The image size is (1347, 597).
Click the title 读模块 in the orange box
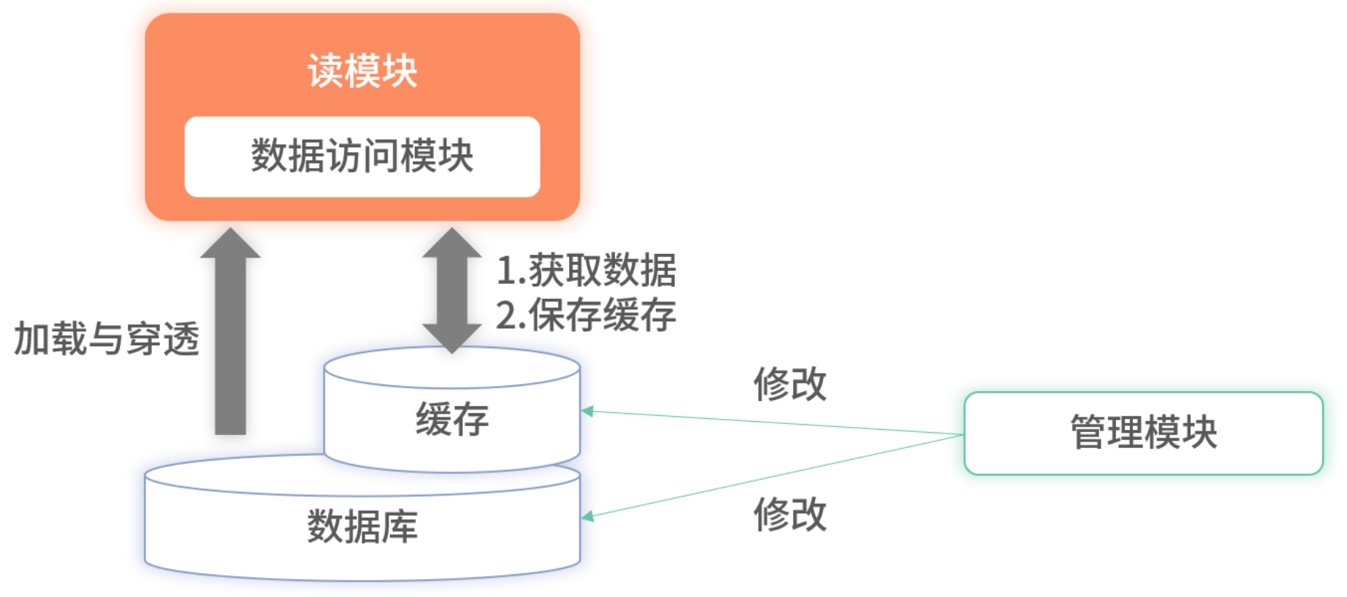362,71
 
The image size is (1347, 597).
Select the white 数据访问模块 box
362,156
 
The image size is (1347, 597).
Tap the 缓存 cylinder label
452,419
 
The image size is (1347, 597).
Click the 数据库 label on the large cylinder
362,526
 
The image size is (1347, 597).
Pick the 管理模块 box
1143,433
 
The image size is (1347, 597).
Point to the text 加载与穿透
107,339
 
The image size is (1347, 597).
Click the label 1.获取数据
586,271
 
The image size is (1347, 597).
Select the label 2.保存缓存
586,315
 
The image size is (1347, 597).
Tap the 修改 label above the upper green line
790,384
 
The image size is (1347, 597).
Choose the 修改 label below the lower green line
790,514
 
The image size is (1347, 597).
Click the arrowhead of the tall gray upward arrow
231,244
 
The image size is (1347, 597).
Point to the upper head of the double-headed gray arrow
452,244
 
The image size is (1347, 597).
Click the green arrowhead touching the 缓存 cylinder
587,412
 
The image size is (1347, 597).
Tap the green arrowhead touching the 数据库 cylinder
587,516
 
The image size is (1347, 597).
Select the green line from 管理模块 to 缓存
774,423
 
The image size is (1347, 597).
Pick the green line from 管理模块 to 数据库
774,476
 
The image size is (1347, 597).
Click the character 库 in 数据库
400,526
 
